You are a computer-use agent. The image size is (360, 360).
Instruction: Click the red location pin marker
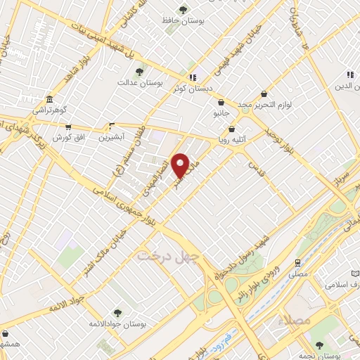(181, 166)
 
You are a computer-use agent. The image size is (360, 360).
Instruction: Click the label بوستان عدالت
(140, 83)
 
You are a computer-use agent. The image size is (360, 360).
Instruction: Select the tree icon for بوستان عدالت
(140, 71)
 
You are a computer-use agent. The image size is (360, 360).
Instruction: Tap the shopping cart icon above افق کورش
(68, 127)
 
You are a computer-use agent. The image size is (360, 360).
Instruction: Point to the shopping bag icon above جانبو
(221, 102)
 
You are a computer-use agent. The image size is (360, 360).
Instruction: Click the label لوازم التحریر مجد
(264, 104)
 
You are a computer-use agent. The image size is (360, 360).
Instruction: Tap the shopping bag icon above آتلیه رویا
(232, 129)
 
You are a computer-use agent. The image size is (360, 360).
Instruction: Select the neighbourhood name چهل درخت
(168, 255)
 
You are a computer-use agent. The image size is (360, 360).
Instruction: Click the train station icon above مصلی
(299, 262)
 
